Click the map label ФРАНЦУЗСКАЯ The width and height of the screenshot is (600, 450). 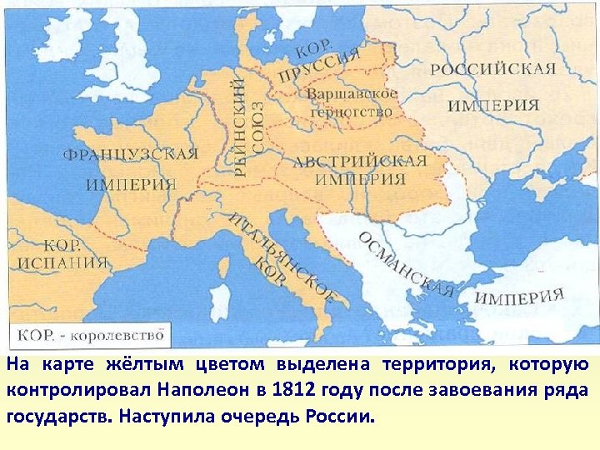click(x=131, y=155)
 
